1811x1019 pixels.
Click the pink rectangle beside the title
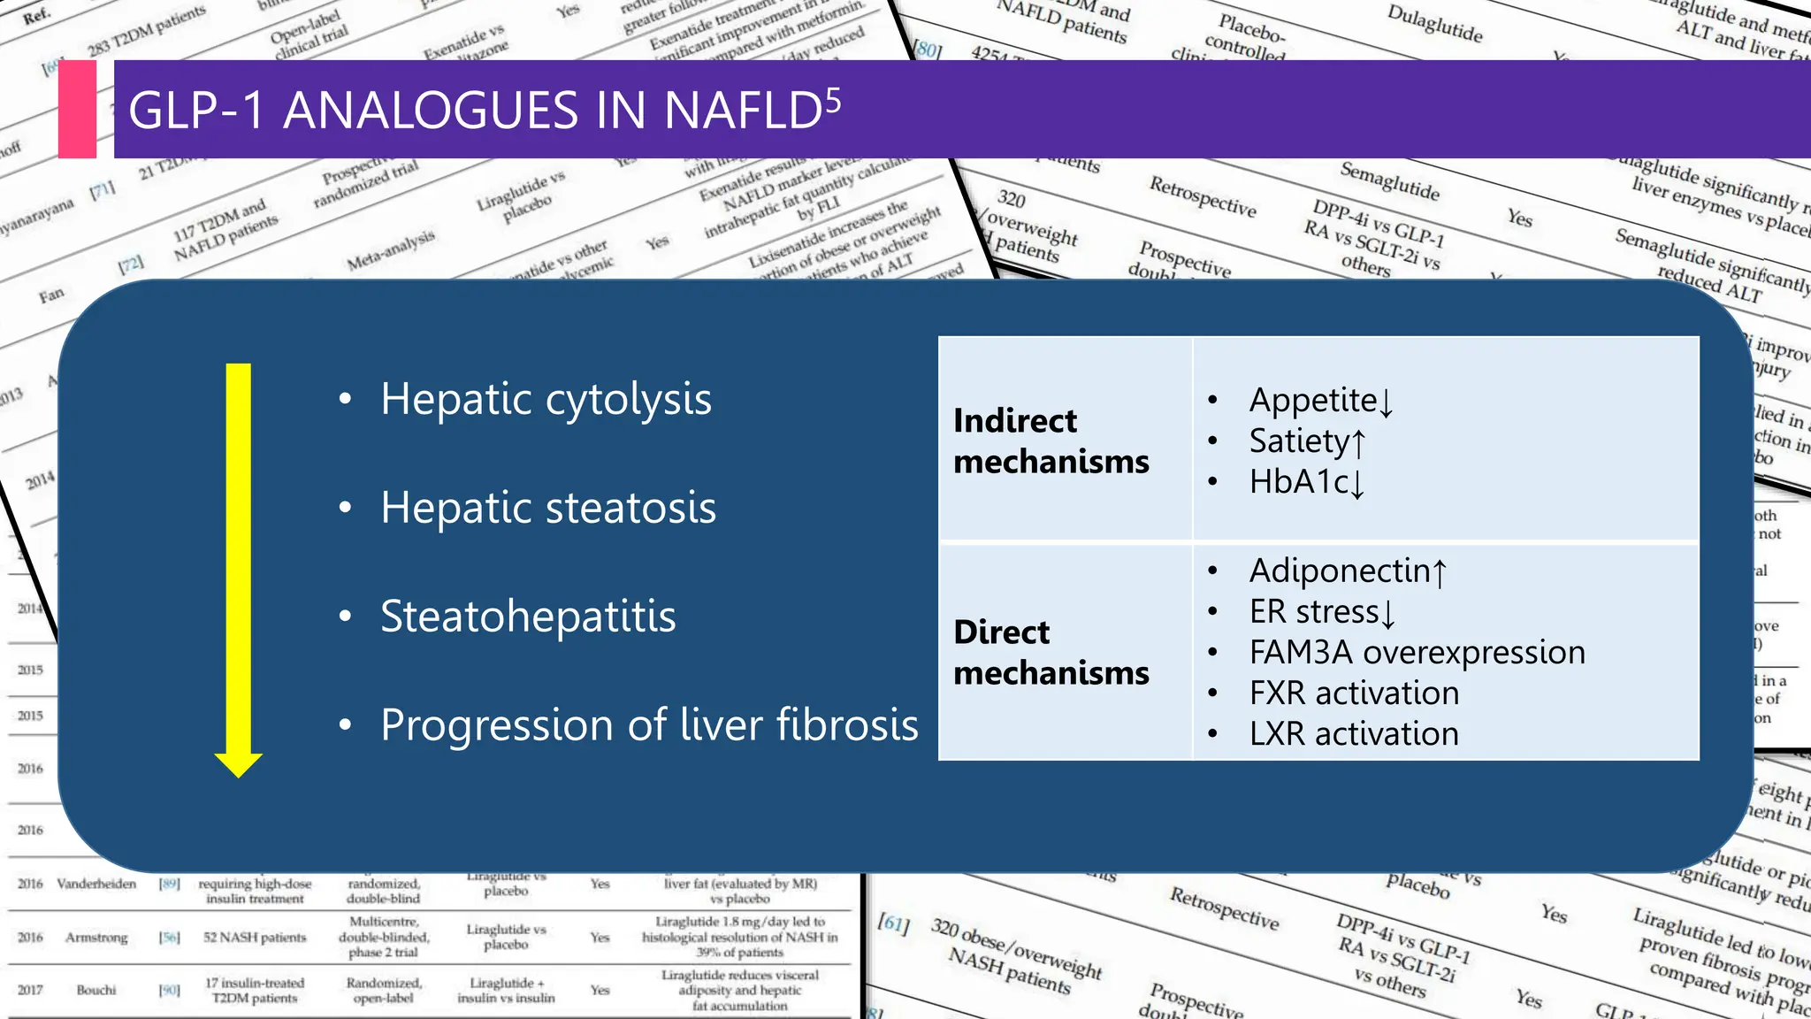[x=77, y=109]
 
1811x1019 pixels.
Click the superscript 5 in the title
[x=833, y=100]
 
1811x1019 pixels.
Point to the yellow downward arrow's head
[x=238, y=763]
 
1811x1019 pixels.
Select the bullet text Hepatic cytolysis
[x=546, y=399]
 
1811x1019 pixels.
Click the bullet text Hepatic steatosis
[x=548, y=508]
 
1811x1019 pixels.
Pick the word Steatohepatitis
[x=528, y=617]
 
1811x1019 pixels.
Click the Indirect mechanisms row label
[x=1051, y=441]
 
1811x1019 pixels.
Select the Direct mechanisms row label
[x=1051, y=652]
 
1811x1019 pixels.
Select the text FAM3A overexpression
[x=1417, y=652]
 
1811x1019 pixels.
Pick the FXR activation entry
[x=1354, y=693]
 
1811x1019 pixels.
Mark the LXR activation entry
[x=1354, y=733]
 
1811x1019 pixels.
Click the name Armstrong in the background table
[x=96, y=938]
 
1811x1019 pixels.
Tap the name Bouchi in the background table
[x=96, y=990]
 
